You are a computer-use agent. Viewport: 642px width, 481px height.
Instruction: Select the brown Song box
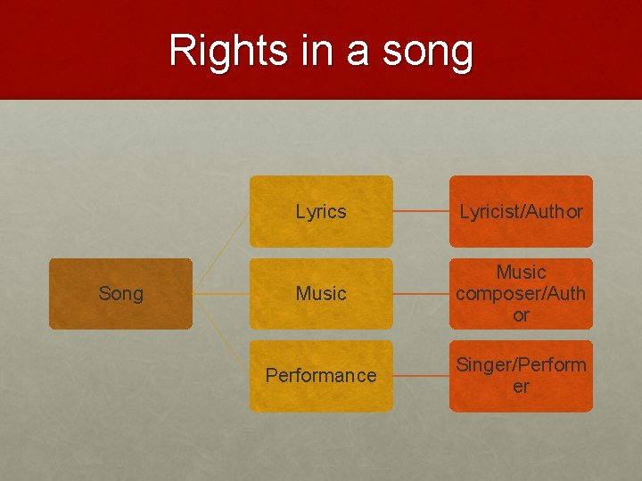(120, 294)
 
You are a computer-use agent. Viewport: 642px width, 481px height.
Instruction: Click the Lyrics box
(321, 211)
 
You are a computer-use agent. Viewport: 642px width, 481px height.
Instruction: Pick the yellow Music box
(321, 294)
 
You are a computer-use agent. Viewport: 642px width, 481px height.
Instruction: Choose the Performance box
(321, 376)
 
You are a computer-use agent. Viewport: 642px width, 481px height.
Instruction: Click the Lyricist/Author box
(521, 211)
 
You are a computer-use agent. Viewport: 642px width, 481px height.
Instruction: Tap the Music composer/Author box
(521, 294)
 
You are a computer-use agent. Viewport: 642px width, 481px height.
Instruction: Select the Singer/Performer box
(521, 376)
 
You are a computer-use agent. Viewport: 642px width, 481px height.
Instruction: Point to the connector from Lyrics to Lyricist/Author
(421, 212)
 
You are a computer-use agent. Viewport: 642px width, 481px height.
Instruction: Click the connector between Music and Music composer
(421, 294)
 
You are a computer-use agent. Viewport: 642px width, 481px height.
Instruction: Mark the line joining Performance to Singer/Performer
(421, 376)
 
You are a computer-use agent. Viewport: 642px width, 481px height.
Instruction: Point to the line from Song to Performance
(221, 336)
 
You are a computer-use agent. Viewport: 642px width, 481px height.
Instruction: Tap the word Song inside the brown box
(120, 294)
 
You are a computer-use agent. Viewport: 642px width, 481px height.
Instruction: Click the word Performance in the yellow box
(321, 376)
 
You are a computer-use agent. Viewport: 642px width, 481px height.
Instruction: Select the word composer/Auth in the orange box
(521, 294)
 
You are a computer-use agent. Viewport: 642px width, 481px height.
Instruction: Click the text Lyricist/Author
(521, 212)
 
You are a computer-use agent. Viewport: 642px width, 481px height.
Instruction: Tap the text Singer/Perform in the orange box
(521, 365)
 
